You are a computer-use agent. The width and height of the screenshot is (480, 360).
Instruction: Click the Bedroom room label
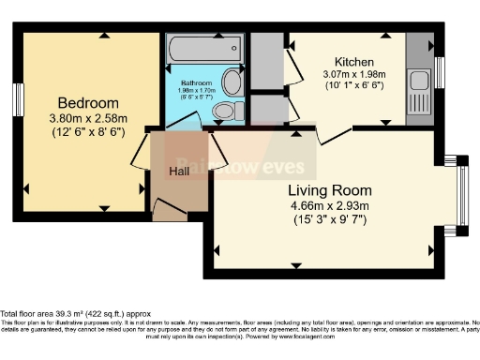(88, 102)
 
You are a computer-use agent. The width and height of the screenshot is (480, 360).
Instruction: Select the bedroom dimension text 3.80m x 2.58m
(88, 118)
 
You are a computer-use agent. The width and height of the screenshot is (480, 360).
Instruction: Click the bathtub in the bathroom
(204, 50)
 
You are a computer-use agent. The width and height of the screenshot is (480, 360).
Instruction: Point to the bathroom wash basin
(232, 83)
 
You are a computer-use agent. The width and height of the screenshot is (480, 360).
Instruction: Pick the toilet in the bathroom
(223, 112)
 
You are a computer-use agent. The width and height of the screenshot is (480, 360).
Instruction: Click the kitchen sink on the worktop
(418, 79)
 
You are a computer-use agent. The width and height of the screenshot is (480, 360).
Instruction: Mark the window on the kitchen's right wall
(439, 71)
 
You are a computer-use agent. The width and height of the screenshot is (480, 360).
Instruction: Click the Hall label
(180, 172)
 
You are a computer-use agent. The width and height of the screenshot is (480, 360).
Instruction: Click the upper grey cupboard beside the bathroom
(267, 61)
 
